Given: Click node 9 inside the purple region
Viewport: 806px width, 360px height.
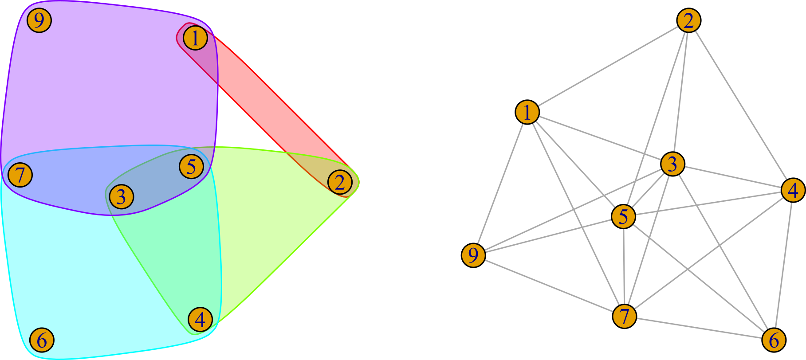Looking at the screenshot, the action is point(39,20).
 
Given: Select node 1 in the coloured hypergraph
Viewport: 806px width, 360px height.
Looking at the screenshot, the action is point(195,38).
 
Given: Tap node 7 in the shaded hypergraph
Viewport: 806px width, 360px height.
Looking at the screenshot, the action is point(20,175).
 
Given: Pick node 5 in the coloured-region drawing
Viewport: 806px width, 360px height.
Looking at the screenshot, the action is point(191,166).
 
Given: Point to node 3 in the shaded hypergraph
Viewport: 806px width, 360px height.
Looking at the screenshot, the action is point(122,196).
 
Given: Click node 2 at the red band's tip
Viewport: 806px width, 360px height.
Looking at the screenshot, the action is point(340,182).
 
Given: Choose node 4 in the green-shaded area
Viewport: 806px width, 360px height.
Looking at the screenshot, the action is point(200,319).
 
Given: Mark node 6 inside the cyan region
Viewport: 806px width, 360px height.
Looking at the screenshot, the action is point(42,340).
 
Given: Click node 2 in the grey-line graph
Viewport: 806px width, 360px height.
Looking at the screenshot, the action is point(688,20).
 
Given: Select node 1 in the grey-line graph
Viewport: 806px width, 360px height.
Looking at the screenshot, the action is point(527,112).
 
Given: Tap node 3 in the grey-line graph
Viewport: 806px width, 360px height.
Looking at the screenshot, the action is point(672,164).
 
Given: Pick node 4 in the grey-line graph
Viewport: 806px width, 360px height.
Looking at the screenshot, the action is point(793,190).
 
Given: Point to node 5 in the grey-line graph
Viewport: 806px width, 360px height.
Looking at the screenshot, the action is point(623,216).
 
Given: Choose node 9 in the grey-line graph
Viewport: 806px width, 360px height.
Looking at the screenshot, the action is point(473,255).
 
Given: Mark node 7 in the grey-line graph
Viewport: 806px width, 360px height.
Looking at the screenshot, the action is point(624,316).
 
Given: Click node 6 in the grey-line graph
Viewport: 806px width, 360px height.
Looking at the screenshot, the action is point(774,340).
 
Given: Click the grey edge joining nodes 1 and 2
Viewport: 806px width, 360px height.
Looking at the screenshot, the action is point(608,67).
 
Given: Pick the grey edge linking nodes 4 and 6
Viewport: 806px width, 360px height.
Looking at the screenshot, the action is point(783,265).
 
